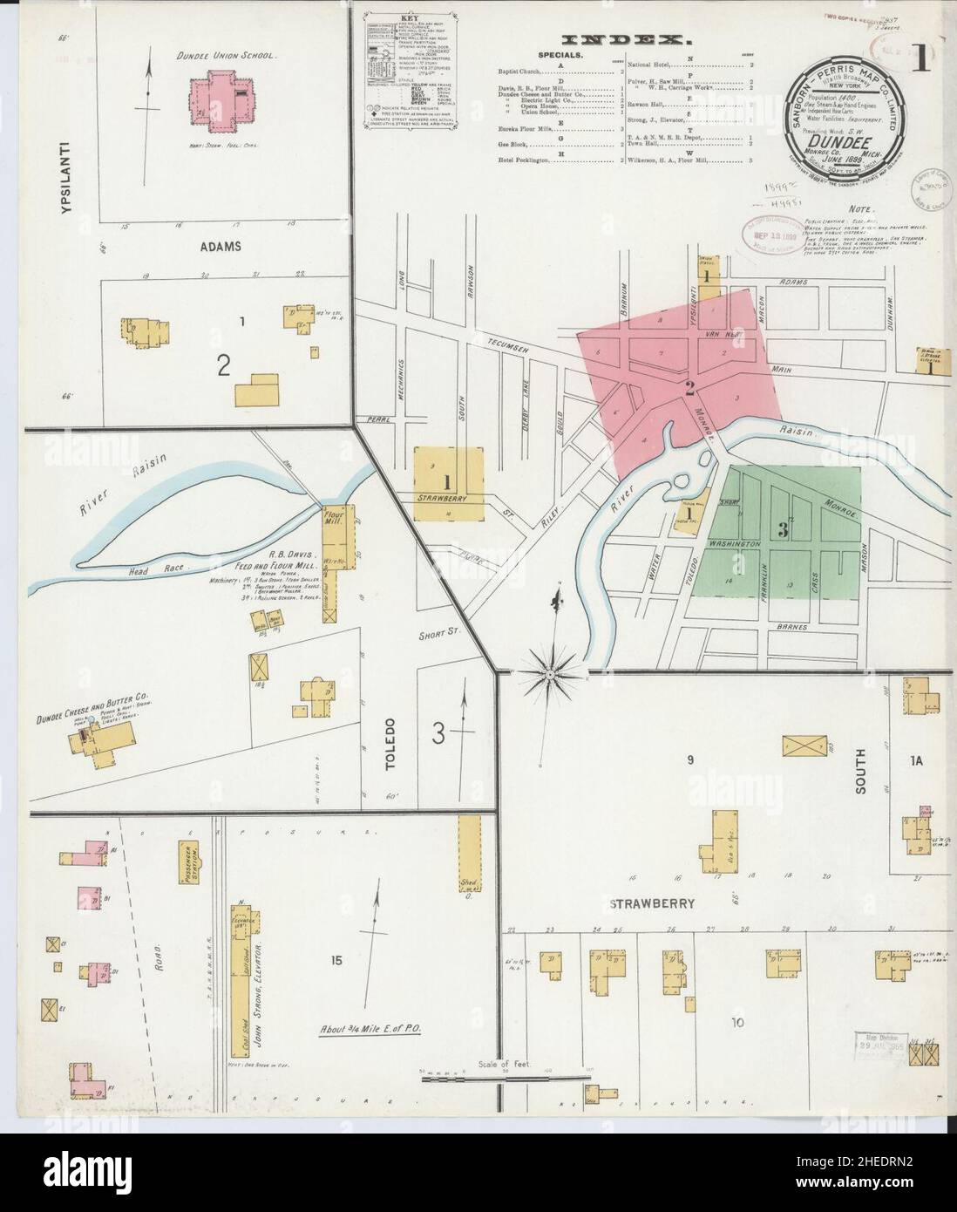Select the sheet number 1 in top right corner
[x=920, y=58]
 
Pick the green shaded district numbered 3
[x=784, y=532]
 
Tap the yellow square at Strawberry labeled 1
[x=448, y=483]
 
